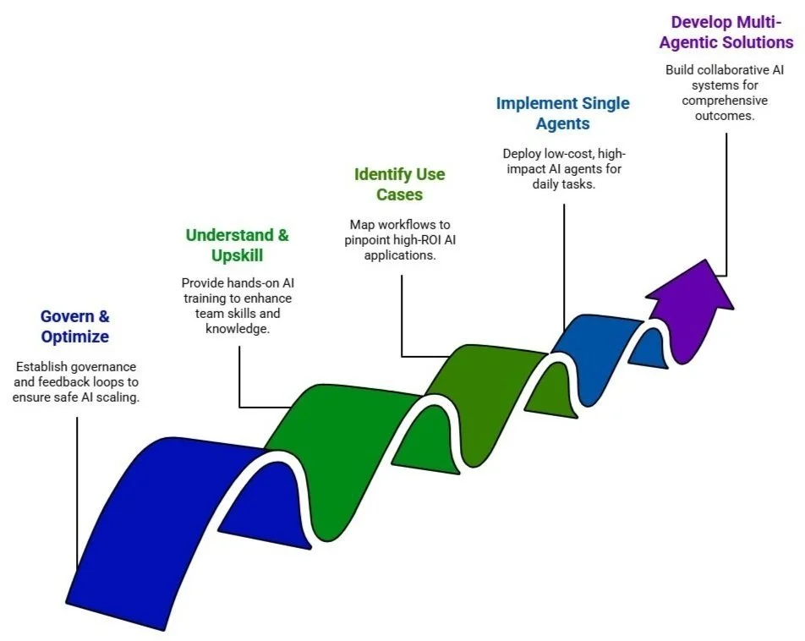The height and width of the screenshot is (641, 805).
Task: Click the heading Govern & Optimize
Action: [x=75, y=326]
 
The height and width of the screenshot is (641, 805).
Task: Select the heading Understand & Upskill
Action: [x=238, y=245]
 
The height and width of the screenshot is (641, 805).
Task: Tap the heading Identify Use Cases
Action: [x=399, y=184]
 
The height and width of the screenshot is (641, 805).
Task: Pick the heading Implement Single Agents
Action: [x=562, y=113]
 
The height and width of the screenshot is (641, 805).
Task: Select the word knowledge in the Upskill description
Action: [x=237, y=328]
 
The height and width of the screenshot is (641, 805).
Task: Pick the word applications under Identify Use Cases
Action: [x=400, y=255]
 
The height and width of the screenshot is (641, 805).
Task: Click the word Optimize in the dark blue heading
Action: [x=75, y=337]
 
